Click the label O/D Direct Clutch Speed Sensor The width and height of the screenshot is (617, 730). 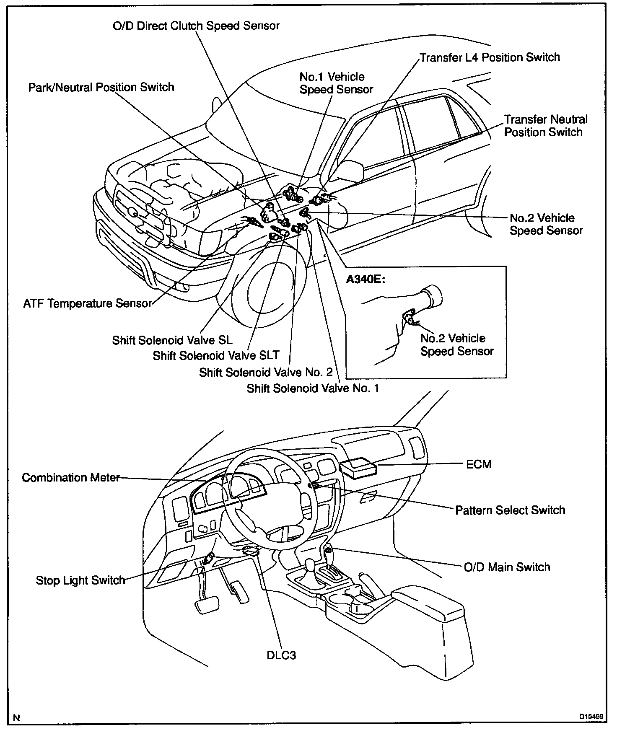pyautogui.click(x=196, y=26)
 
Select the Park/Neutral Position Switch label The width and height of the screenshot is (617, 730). pyautogui.click(x=101, y=87)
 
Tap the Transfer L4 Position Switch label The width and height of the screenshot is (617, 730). pyautogui.click(x=490, y=57)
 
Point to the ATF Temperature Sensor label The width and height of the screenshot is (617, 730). pyautogui.click(x=87, y=303)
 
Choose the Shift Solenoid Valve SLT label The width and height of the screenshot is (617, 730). pyautogui.click(x=216, y=356)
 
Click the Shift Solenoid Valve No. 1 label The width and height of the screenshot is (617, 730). pyautogui.click(x=313, y=388)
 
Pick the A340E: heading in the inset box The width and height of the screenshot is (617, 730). pyautogui.click(x=365, y=279)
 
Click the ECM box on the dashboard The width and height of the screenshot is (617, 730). pyautogui.click(x=359, y=467)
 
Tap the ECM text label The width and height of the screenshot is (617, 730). pyautogui.click(x=478, y=464)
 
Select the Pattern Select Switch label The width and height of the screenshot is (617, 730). pyautogui.click(x=510, y=510)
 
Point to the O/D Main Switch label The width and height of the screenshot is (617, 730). pyautogui.click(x=507, y=567)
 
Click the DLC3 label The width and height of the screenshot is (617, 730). pyautogui.click(x=281, y=655)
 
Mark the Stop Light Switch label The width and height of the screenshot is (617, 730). pyautogui.click(x=80, y=580)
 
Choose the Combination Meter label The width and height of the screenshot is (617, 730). pyautogui.click(x=71, y=478)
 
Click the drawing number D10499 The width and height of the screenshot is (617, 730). pyautogui.click(x=591, y=717)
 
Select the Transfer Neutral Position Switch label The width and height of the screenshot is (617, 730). pyautogui.click(x=545, y=126)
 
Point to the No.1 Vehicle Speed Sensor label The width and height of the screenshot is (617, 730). pyautogui.click(x=336, y=83)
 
